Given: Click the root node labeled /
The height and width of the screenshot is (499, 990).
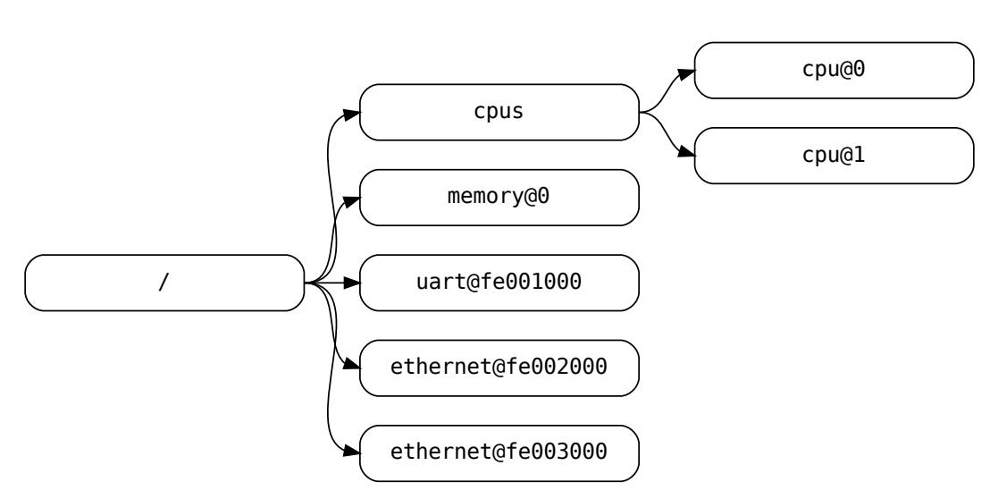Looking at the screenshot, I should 164,283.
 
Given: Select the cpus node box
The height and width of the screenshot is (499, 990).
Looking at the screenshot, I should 499,113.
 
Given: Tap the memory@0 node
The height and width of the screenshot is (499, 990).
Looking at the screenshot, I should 499,198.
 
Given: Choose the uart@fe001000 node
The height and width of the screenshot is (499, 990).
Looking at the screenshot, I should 499,283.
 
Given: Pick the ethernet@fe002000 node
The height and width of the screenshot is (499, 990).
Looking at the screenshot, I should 499,368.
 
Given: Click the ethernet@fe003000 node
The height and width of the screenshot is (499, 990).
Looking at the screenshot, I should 499,452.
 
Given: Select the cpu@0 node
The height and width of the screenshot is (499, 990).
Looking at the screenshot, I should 833,71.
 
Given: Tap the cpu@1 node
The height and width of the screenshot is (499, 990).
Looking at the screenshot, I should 833,156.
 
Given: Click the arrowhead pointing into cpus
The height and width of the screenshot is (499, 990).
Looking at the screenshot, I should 352,113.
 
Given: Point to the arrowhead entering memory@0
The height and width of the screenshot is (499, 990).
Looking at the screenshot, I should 352,198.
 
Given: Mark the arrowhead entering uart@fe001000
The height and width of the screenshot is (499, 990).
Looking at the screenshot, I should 352,283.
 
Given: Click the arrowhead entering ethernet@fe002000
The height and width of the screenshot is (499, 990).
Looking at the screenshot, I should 352,368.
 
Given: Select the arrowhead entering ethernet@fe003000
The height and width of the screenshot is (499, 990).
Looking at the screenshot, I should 352,452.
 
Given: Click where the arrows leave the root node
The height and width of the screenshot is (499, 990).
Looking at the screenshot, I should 306,283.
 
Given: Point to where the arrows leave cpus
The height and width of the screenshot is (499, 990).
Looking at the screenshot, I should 641,113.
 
